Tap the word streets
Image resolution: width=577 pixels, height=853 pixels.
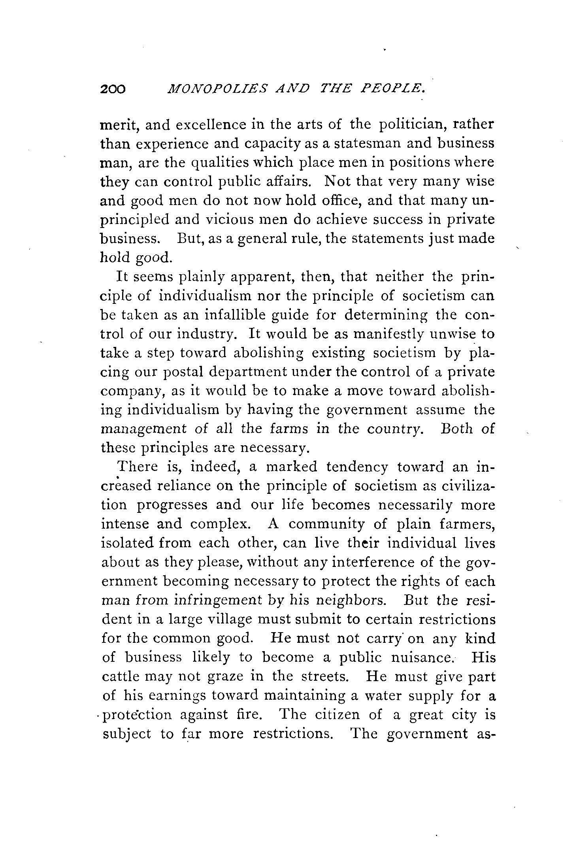click(x=324, y=677)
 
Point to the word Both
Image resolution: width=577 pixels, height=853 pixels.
click(x=456, y=429)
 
